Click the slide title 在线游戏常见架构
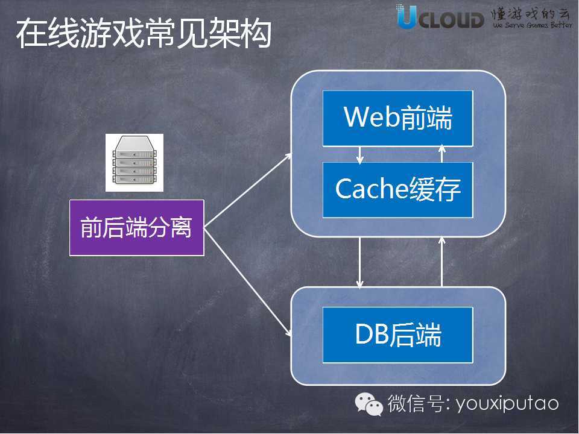click(143, 34)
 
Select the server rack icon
click(134, 163)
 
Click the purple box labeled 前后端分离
click(137, 228)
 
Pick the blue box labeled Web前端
click(398, 118)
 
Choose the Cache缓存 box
click(398, 190)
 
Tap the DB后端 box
click(398, 335)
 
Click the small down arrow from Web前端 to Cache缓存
click(360, 154)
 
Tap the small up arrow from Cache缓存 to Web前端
click(442, 154)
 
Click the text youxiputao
click(508, 403)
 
